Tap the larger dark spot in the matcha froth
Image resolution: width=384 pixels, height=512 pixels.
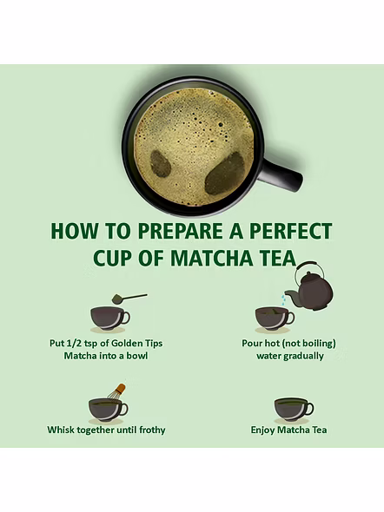point(225,174)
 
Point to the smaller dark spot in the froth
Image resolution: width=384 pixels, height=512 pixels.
point(161,164)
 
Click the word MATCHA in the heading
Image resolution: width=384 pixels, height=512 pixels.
point(212,258)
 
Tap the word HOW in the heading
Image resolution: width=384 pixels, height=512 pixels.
point(75,231)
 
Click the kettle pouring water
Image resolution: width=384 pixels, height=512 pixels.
point(309,286)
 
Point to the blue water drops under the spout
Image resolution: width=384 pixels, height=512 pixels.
point(285,299)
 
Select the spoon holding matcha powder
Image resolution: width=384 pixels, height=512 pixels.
point(129,298)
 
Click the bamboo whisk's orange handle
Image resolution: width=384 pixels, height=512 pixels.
point(120,389)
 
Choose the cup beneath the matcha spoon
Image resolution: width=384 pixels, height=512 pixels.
point(110,319)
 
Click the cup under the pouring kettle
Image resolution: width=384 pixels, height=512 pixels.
point(275,319)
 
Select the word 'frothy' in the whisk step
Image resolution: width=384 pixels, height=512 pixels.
point(152,430)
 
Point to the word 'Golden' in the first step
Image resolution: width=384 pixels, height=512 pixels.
point(127,344)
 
